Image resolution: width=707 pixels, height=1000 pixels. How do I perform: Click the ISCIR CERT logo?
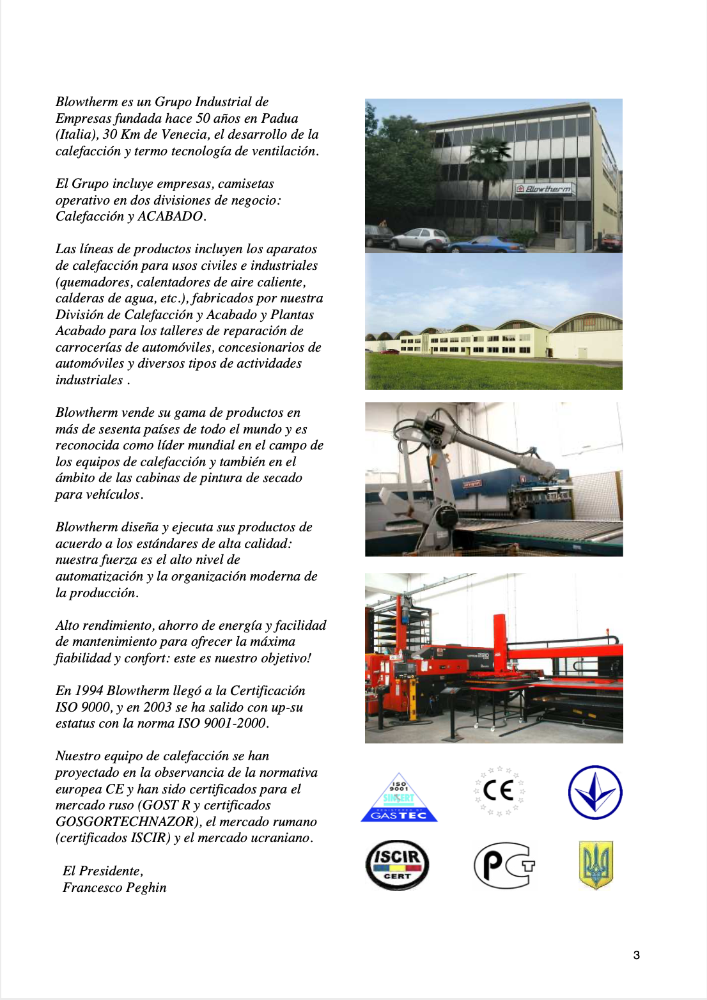pos(397,864)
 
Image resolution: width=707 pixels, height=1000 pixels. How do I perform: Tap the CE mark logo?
pos(499,792)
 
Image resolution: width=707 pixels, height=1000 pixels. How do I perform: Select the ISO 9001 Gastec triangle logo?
pos(399,799)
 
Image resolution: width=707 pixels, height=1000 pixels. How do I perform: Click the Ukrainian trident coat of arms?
pos(595,864)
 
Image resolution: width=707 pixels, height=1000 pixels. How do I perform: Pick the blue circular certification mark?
pos(595,792)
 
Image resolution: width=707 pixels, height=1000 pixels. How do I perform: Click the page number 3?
pos(636,955)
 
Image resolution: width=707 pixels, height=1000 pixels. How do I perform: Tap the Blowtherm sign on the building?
pos(544,189)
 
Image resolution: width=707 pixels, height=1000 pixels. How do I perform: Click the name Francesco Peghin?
pos(114,887)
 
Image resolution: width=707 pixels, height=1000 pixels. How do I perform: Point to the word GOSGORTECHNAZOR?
pos(125,822)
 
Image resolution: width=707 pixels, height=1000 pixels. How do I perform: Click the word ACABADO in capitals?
pos(171,216)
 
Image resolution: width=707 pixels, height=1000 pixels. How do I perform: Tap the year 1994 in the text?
pos(89,691)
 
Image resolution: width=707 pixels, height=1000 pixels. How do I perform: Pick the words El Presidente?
pos(102,871)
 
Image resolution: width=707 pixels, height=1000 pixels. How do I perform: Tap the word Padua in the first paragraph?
pos(279,118)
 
